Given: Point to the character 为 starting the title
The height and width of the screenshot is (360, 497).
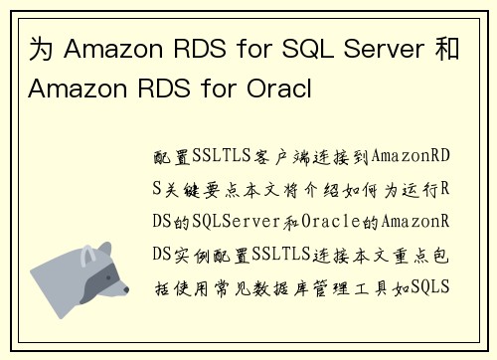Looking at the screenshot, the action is click(x=33, y=47).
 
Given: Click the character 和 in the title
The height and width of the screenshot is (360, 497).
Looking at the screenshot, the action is click(x=447, y=47).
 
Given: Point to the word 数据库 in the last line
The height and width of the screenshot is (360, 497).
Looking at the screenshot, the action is click(x=300, y=286).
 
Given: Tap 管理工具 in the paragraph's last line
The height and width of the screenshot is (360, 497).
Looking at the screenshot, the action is click(x=361, y=286).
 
